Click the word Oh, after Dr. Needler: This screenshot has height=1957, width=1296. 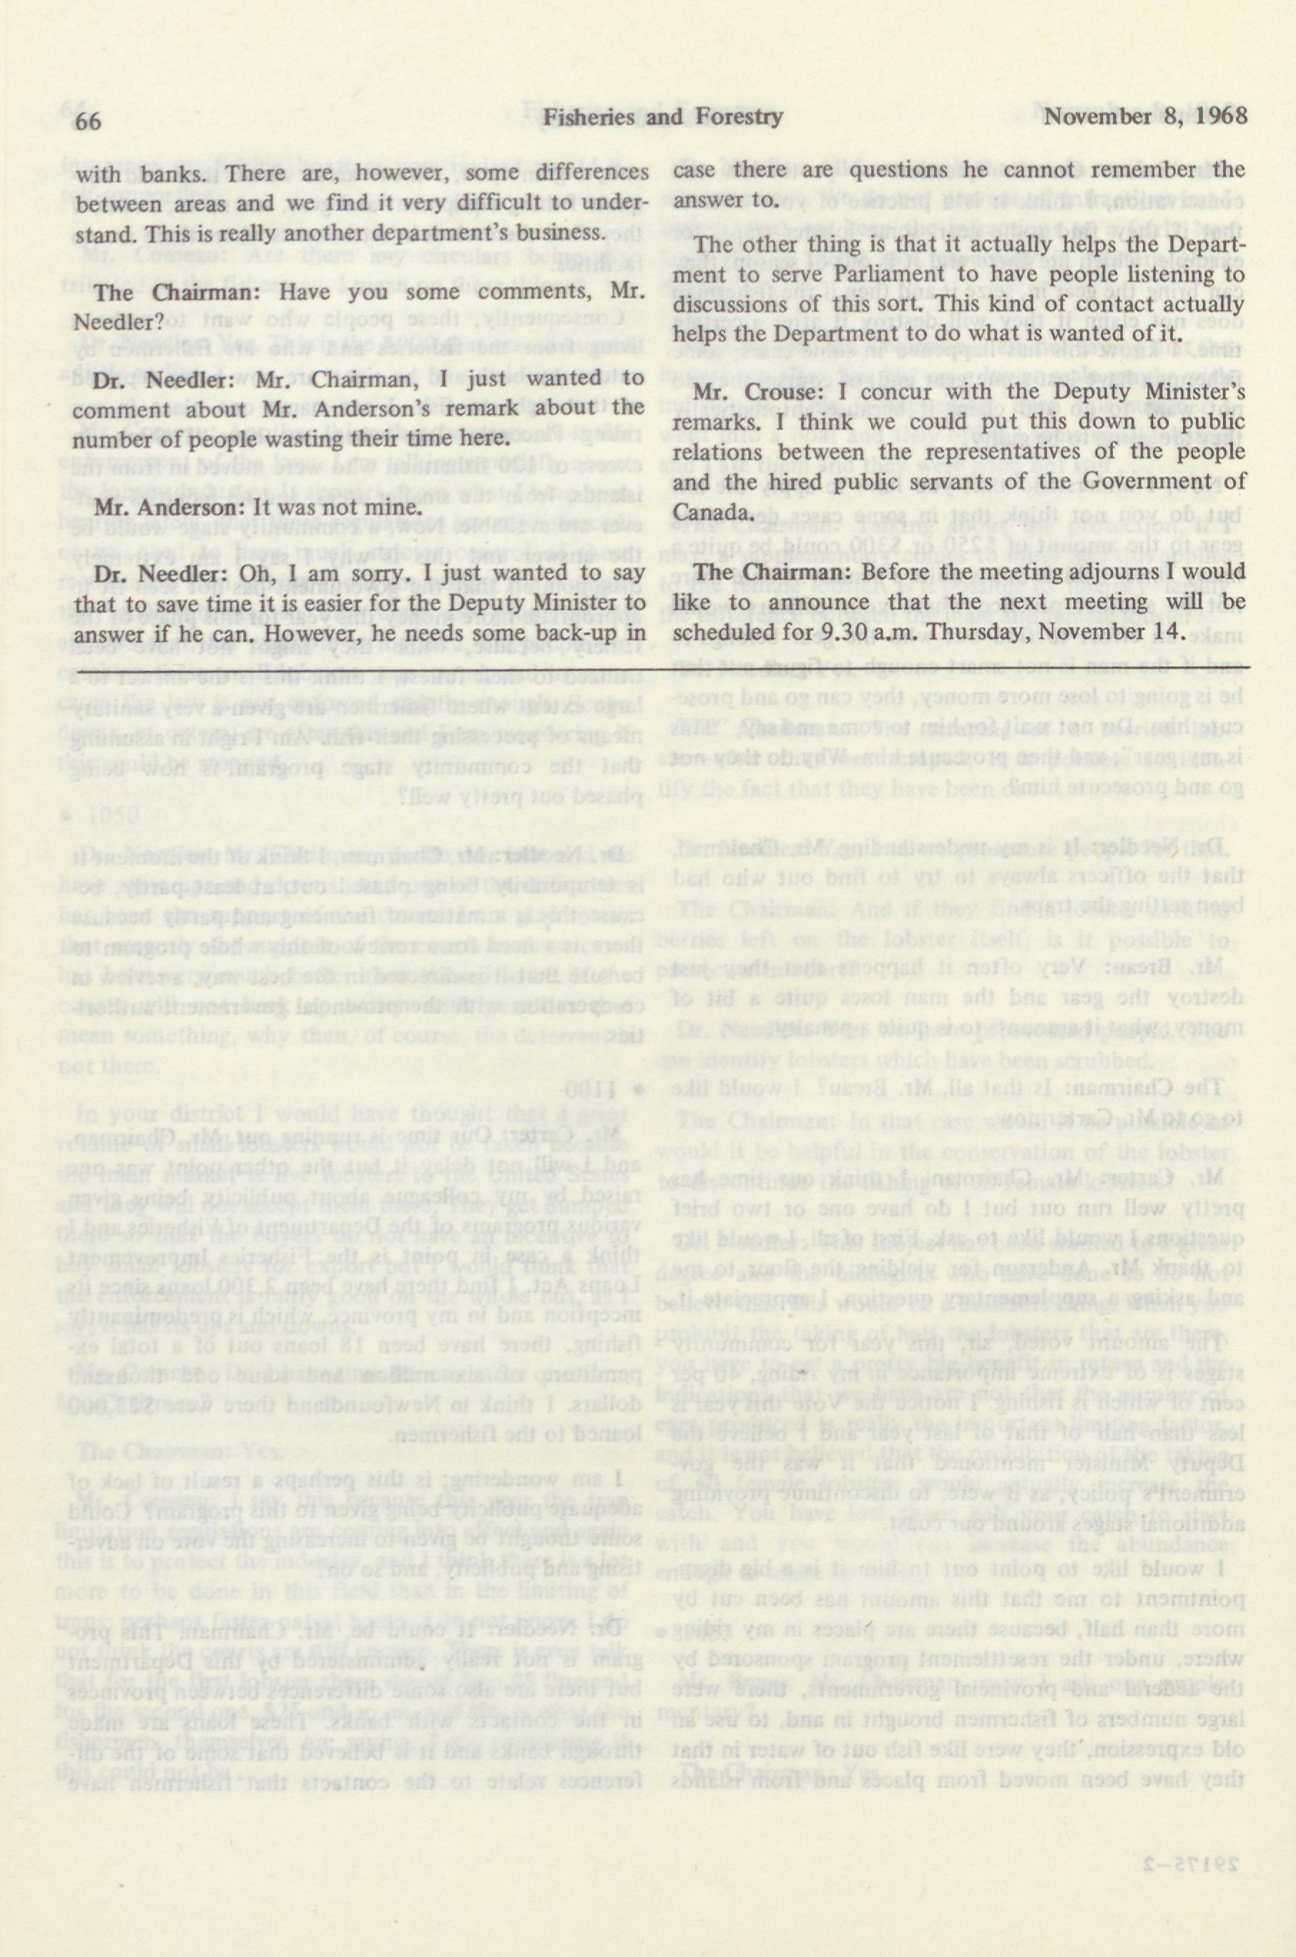click(261, 573)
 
